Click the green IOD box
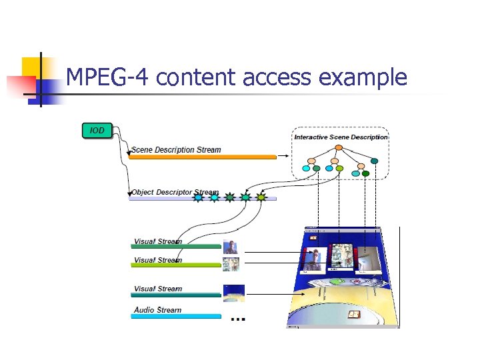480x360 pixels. (x=97, y=130)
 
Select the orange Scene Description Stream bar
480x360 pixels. (x=203, y=157)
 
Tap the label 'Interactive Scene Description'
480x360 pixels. (x=341, y=137)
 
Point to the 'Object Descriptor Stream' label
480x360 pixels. (x=175, y=192)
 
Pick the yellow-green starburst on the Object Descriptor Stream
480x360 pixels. (x=261, y=197)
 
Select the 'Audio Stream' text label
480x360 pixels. (x=157, y=310)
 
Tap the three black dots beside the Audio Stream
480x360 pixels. (x=237, y=319)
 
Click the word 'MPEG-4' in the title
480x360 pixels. (x=109, y=78)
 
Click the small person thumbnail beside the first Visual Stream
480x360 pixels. (x=231, y=247)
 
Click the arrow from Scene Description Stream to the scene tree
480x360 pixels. (x=283, y=157)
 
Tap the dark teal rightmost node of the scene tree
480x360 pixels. (x=374, y=161)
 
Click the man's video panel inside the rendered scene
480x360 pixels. (x=313, y=259)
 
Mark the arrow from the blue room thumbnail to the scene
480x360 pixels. (x=270, y=294)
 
